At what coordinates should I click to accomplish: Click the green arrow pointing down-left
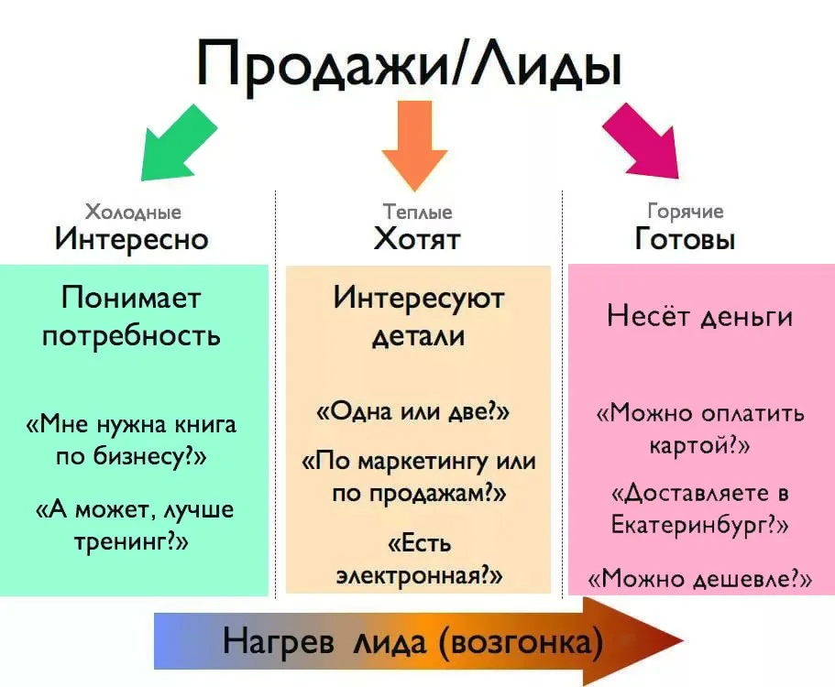175,145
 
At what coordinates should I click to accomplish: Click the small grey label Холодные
133,213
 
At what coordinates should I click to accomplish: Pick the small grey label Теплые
418,212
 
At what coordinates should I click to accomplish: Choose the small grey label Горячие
686,212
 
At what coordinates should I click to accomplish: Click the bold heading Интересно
132,239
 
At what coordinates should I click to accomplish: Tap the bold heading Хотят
417,238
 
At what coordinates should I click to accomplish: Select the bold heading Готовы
685,238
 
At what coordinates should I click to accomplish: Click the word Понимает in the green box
131,298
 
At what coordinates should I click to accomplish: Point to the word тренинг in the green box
120,542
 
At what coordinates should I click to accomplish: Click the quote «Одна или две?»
413,411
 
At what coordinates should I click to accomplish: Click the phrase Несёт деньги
699,317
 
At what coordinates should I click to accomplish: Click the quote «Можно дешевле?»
699,578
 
